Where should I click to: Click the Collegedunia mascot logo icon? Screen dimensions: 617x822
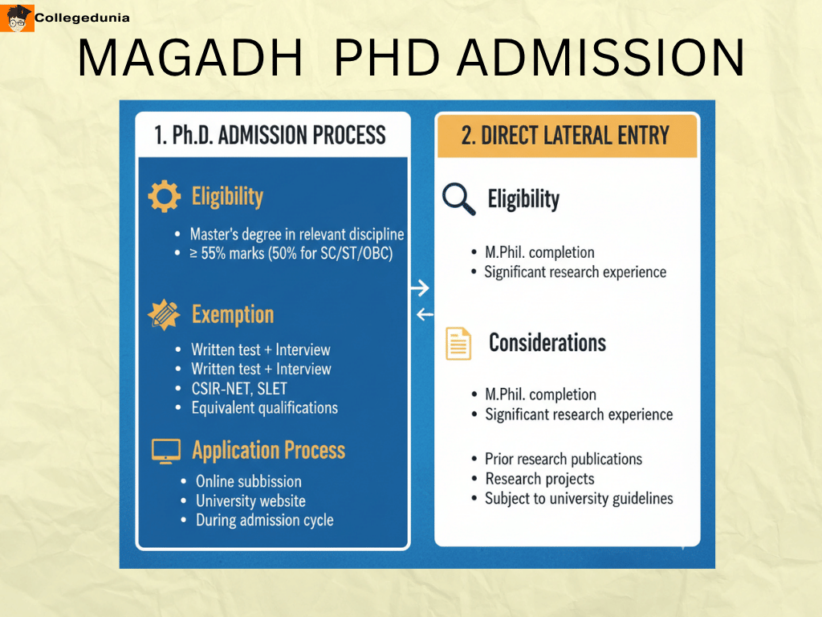[20, 18]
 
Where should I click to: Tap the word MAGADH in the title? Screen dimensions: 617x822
[191, 58]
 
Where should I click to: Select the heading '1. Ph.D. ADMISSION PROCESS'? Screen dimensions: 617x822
[270, 134]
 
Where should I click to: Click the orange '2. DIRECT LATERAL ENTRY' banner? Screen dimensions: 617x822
[566, 135]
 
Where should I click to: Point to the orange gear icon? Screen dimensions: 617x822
[165, 196]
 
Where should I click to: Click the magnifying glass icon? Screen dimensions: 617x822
[459, 198]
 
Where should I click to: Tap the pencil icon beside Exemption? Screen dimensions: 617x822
[165, 314]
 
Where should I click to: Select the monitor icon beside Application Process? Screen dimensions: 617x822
[165, 451]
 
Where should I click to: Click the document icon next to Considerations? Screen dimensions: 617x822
[459, 344]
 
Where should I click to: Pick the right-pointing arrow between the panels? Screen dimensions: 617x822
[420, 288]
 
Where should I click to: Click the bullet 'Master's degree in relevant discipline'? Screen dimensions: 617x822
[296, 235]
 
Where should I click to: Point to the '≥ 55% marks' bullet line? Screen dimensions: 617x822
[291, 254]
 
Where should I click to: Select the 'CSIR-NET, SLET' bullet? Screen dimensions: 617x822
[238, 388]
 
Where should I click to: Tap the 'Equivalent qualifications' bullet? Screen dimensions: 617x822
[264, 407]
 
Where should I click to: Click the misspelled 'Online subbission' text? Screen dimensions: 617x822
[248, 481]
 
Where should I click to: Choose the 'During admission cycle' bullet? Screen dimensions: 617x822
[264, 520]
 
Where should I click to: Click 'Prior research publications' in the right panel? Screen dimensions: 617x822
[563, 460]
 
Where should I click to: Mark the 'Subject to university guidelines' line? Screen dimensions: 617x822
[578, 498]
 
